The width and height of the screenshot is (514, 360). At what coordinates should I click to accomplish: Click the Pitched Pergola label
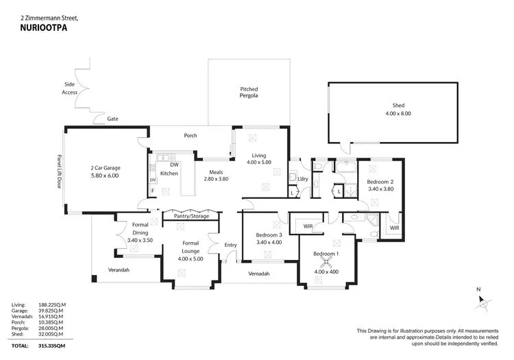click(x=249, y=93)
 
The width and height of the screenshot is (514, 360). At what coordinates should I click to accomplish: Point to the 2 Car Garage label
click(x=105, y=171)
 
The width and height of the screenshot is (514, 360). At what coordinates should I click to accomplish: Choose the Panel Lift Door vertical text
click(x=59, y=171)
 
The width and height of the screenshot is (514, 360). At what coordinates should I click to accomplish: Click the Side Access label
click(x=70, y=88)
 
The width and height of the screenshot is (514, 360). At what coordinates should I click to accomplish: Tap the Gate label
click(x=112, y=119)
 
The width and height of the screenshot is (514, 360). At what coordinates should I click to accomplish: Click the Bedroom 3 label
click(x=263, y=237)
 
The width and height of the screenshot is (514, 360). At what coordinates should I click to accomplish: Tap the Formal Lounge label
click(x=190, y=247)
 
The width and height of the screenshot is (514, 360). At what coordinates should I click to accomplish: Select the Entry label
click(x=230, y=245)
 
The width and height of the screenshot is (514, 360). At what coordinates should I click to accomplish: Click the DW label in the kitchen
click(x=174, y=165)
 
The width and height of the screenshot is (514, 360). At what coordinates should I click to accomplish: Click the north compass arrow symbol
click(x=482, y=300)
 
